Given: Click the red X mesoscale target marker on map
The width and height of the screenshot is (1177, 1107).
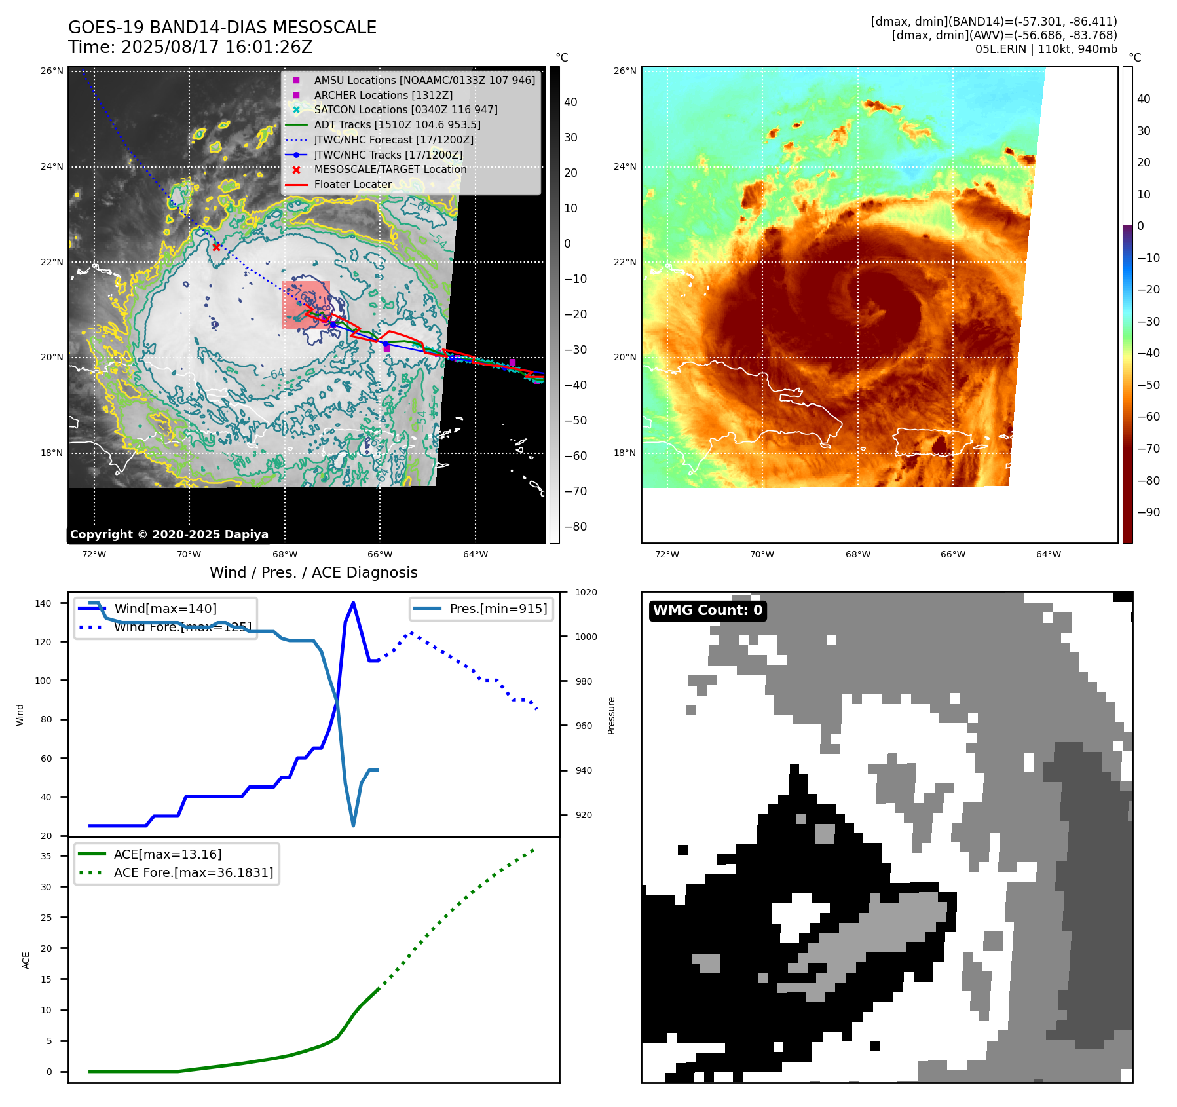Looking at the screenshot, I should [216, 247].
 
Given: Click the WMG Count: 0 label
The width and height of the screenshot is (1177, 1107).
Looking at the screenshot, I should [707, 610].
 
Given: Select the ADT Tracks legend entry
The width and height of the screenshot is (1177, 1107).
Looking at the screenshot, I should [397, 124].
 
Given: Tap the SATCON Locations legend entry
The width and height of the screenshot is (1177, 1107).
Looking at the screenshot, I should [405, 109].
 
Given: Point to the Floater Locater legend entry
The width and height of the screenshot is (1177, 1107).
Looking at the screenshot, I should [352, 184].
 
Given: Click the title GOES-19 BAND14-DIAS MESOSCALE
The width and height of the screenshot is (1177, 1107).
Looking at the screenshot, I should [222, 28].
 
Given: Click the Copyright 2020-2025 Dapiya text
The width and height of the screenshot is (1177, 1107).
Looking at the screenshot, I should [169, 535].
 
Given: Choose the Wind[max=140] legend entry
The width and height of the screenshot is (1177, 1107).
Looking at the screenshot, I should [165, 609].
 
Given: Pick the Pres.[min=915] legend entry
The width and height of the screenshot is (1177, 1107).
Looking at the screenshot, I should [498, 609].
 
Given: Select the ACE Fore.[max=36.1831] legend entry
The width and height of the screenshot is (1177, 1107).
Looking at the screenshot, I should [193, 872].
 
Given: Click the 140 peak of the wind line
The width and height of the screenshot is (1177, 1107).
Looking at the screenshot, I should [353, 603].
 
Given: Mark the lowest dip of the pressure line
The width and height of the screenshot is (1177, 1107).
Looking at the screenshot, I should [353, 825].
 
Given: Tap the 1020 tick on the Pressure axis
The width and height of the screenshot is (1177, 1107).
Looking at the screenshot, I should [586, 592].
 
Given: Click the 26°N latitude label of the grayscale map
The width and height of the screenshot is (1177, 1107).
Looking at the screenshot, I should [52, 71].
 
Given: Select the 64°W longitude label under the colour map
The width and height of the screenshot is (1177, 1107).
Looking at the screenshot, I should [1048, 554].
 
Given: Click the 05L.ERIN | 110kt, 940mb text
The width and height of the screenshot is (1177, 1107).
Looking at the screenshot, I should [1045, 49].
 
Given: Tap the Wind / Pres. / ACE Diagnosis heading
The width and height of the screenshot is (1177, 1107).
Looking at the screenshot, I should [313, 572].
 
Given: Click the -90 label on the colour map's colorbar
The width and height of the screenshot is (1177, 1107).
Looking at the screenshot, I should [1148, 512].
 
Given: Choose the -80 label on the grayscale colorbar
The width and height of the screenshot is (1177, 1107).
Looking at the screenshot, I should [576, 527].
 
